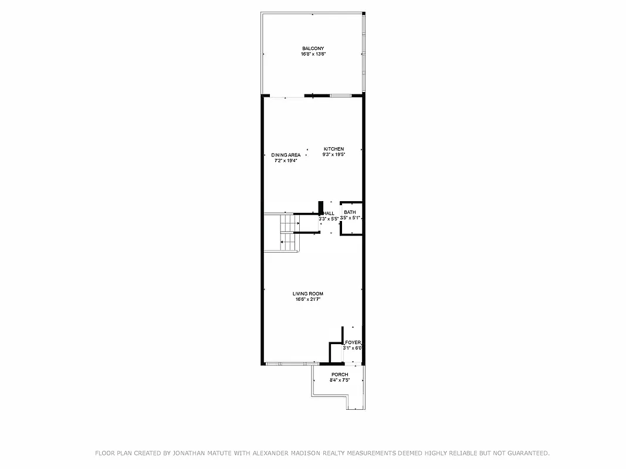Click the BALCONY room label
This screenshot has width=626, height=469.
313,49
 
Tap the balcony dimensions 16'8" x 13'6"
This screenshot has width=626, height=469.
313,54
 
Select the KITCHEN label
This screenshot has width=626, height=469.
333,149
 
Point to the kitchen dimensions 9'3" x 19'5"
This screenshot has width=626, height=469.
333,155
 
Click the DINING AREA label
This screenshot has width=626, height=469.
286,155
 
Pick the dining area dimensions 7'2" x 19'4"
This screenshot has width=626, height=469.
286,161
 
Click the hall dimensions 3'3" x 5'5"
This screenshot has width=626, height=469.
329,219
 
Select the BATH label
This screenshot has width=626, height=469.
350,212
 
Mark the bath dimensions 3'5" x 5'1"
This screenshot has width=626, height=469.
350,218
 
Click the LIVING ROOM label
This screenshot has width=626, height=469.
308,294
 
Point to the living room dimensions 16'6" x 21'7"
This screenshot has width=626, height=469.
308,300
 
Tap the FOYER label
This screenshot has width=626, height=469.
353,342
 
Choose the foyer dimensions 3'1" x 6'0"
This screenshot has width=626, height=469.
353,348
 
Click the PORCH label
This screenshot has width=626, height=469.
340,375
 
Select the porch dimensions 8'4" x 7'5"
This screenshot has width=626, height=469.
340,380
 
